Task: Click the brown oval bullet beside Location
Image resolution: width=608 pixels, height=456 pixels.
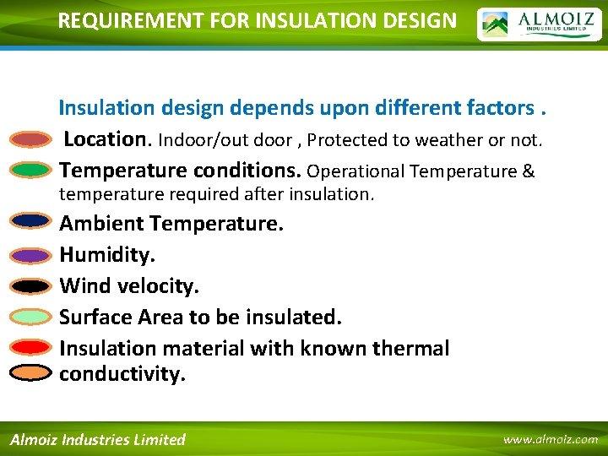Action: click(32, 139)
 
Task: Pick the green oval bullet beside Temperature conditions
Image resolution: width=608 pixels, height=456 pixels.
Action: click(32, 171)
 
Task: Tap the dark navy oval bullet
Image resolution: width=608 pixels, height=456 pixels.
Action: click(32, 221)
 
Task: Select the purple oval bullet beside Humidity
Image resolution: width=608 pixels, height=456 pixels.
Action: click(32, 255)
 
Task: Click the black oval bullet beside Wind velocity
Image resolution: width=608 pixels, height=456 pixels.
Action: click(32, 286)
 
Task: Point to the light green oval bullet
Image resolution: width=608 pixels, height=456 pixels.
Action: click(32, 317)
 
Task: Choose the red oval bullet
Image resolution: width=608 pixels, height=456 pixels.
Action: click(32, 347)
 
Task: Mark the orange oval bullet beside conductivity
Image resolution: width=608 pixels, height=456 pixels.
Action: click(32, 372)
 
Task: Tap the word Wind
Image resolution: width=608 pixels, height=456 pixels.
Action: click(85, 286)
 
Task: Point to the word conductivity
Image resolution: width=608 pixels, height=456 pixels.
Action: click(122, 374)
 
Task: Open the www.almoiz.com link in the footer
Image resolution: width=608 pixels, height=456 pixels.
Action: click(550, 439)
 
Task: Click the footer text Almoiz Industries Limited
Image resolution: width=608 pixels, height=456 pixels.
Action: click(97, 439)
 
